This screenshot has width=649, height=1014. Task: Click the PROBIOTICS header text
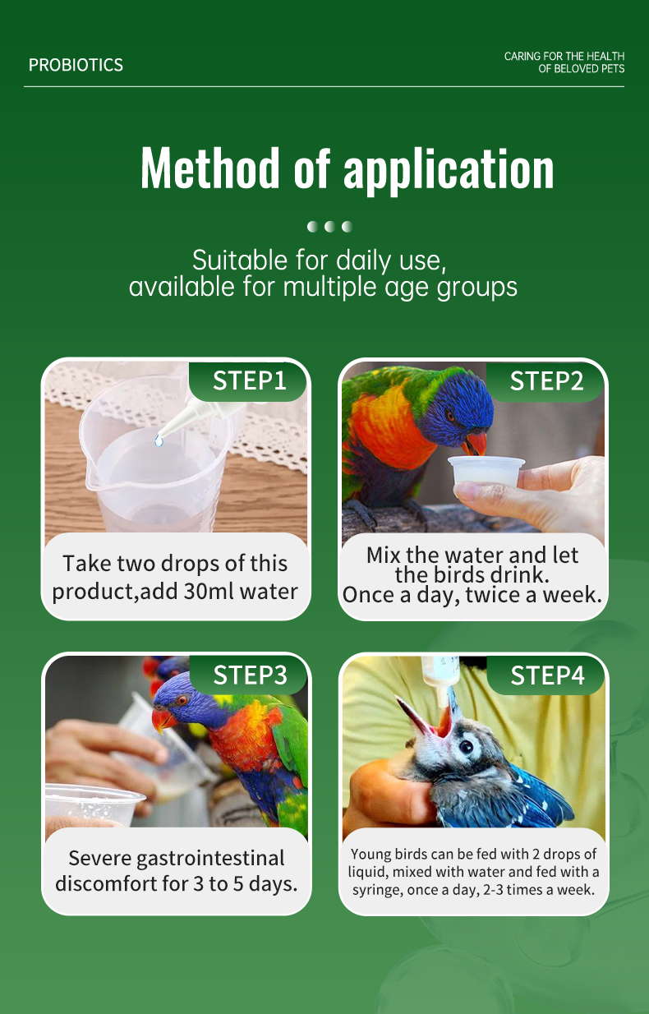(x=76, y=65)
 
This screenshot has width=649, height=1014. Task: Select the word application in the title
(x=449, y=170)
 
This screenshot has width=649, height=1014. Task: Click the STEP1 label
(x=250, y=380)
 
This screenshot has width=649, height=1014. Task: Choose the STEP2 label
(x=546, y=381)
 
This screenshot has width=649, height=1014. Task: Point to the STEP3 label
(x=250, y=675)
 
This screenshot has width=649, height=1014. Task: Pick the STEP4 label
(x=547, y=675)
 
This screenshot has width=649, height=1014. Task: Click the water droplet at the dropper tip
(x=159, y=440)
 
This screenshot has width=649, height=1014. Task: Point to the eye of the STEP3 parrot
(x=182, y=700)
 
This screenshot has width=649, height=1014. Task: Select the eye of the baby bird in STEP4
(x=466, y=746)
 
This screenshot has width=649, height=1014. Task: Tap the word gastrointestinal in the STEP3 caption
(x=210, y=860)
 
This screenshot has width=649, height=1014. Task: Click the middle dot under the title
(x=329, y=226)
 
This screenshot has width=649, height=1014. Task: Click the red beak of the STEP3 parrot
(x=163, y=720)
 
